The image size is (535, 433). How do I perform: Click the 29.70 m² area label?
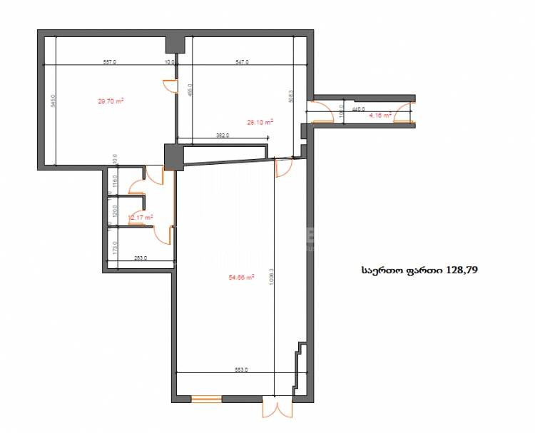point(111,101)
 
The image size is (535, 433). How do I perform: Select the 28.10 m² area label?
point(260,122)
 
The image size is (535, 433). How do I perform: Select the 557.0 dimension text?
point(110,63)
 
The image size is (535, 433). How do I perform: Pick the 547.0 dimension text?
point(242,63)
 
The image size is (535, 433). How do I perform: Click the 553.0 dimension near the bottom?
point(240,370)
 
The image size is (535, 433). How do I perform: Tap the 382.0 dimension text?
point(222,136)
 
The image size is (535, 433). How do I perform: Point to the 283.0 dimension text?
point(140,258)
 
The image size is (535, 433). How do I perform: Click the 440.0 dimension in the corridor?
point(358,110)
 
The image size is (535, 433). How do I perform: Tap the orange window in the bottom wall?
point(206,399)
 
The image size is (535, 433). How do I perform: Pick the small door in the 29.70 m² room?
point(171,86)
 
